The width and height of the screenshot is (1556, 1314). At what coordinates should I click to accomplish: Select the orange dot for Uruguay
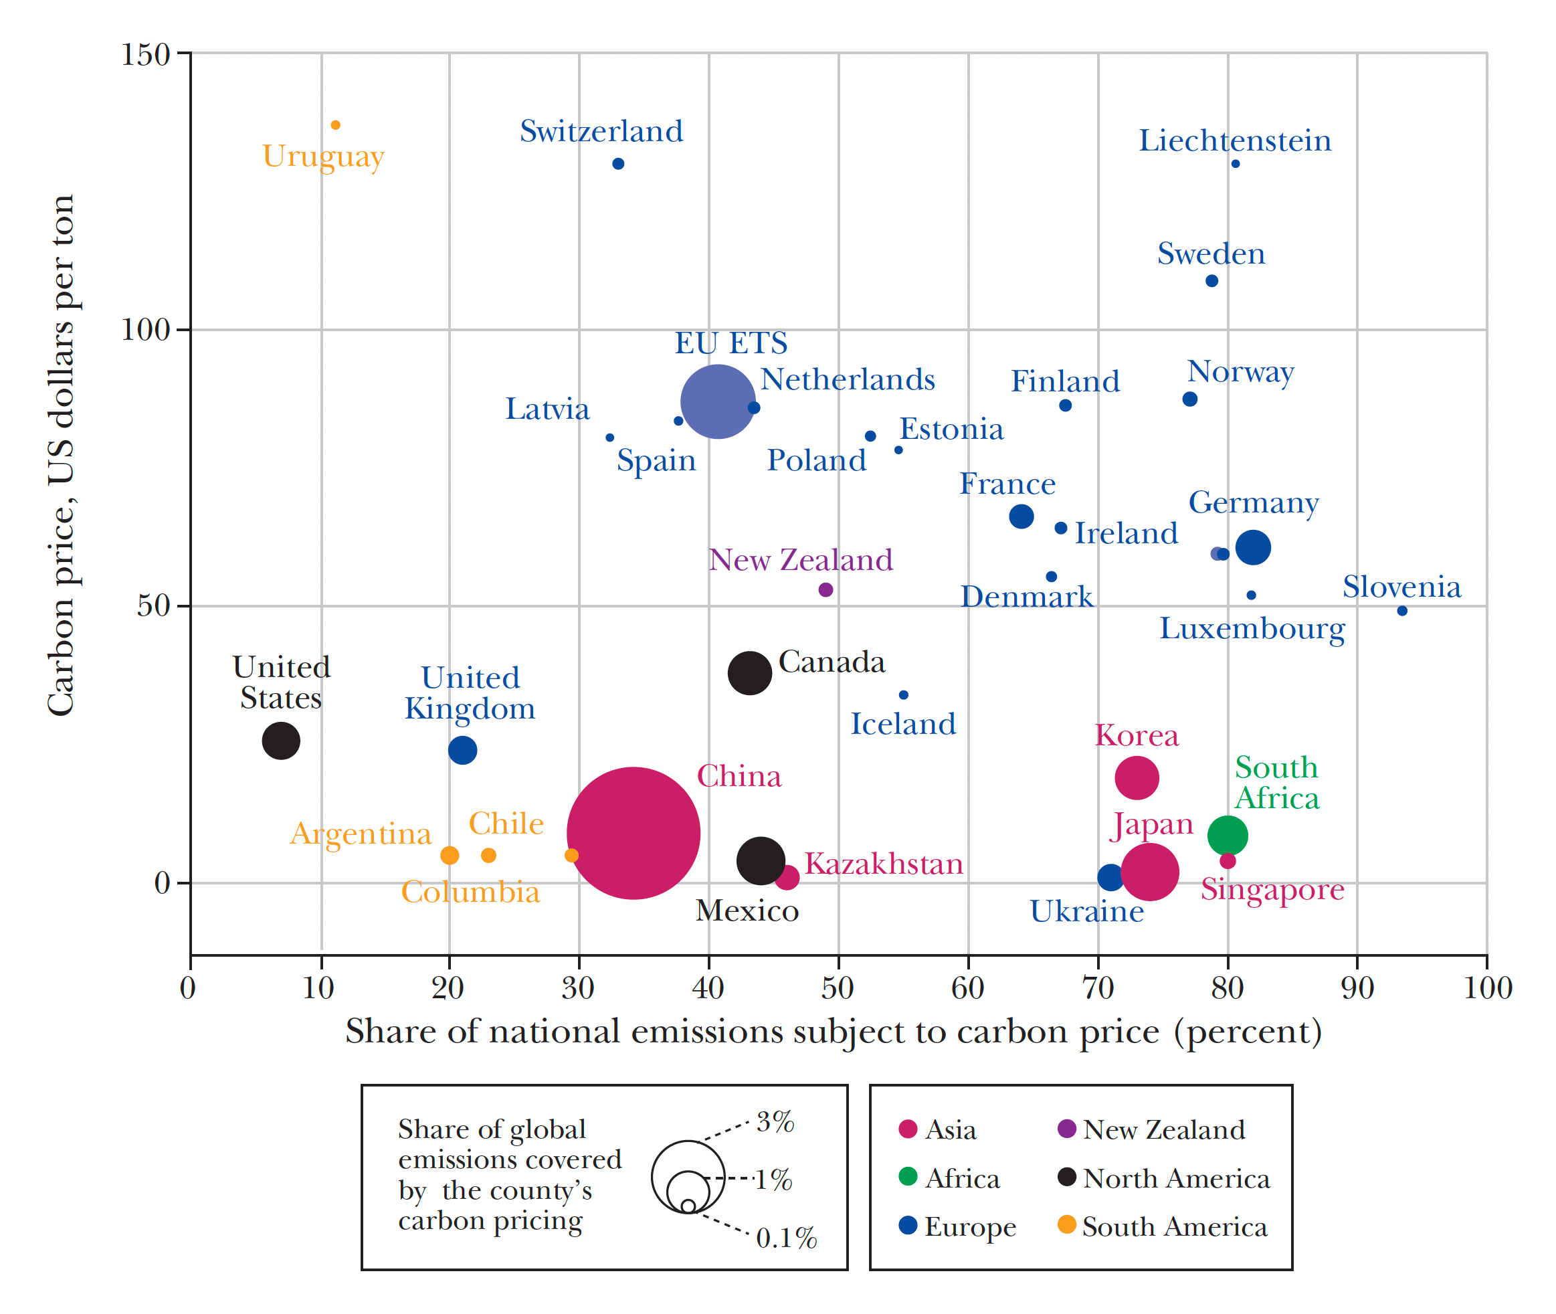(x=336, y=125)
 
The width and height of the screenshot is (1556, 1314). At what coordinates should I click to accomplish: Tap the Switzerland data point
(x=618, y=164)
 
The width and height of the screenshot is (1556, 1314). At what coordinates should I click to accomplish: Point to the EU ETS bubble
(x=717, y=401)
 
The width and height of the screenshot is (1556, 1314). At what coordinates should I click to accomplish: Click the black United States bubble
(x=281, y=741)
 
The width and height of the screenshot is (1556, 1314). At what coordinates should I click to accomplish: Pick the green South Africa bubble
(x=1228, y=835)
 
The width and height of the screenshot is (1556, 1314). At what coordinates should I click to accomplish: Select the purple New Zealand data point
(x=825, y=590)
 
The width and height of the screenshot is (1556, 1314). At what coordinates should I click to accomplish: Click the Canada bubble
(x=749, y=672)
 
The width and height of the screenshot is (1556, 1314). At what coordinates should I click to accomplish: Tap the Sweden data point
(x=1212, y=281)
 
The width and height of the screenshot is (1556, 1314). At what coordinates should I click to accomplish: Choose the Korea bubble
(x=1137, y=777)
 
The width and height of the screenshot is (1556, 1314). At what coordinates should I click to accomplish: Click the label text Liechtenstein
(x=1234, y=140)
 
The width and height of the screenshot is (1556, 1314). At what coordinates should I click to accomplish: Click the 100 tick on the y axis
(x=146, y=329)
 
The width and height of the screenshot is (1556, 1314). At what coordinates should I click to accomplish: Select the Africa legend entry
(x=961, y=1178)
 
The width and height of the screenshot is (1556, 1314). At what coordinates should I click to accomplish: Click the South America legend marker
(x=1066, y=1224)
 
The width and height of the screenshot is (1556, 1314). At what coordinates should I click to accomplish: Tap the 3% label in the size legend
(x=775, y=1122)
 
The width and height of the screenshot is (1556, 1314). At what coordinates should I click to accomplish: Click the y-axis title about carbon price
(x=60, y=454)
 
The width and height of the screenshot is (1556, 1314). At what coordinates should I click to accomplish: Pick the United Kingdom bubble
(x=462, y=750)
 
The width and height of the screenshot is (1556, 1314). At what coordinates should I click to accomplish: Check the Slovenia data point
(x=1402, y=611)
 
